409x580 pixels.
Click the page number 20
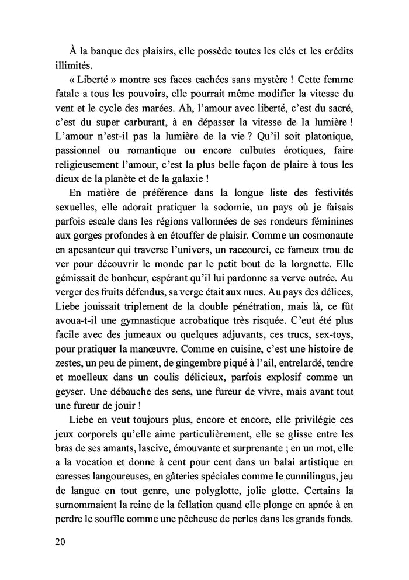pos(58,541)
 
